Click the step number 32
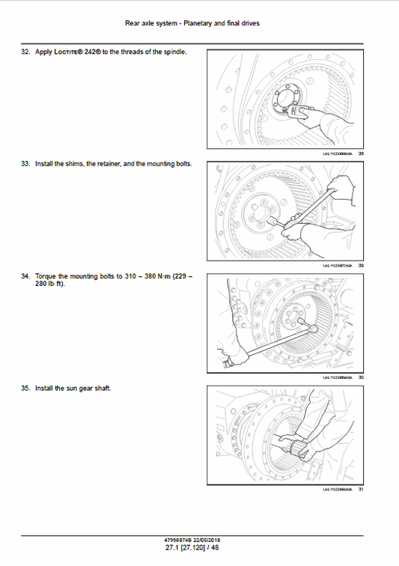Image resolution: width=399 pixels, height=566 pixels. [x=25, y=52]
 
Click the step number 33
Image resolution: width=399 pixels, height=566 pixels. [x=25, y=163]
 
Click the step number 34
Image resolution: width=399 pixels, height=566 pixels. [x=25, y=276]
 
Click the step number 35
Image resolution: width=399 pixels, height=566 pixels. [x=25, y=388]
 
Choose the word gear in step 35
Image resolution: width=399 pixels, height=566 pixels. [x=86, y=388]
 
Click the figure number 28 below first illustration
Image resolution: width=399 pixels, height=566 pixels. [x=362, y=153]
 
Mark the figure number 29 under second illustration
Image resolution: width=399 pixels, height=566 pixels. [x=362, y=266]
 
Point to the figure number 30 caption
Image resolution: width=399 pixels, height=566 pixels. [x=362, y=377]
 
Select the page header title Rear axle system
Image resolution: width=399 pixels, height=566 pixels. [x=153, y=23]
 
